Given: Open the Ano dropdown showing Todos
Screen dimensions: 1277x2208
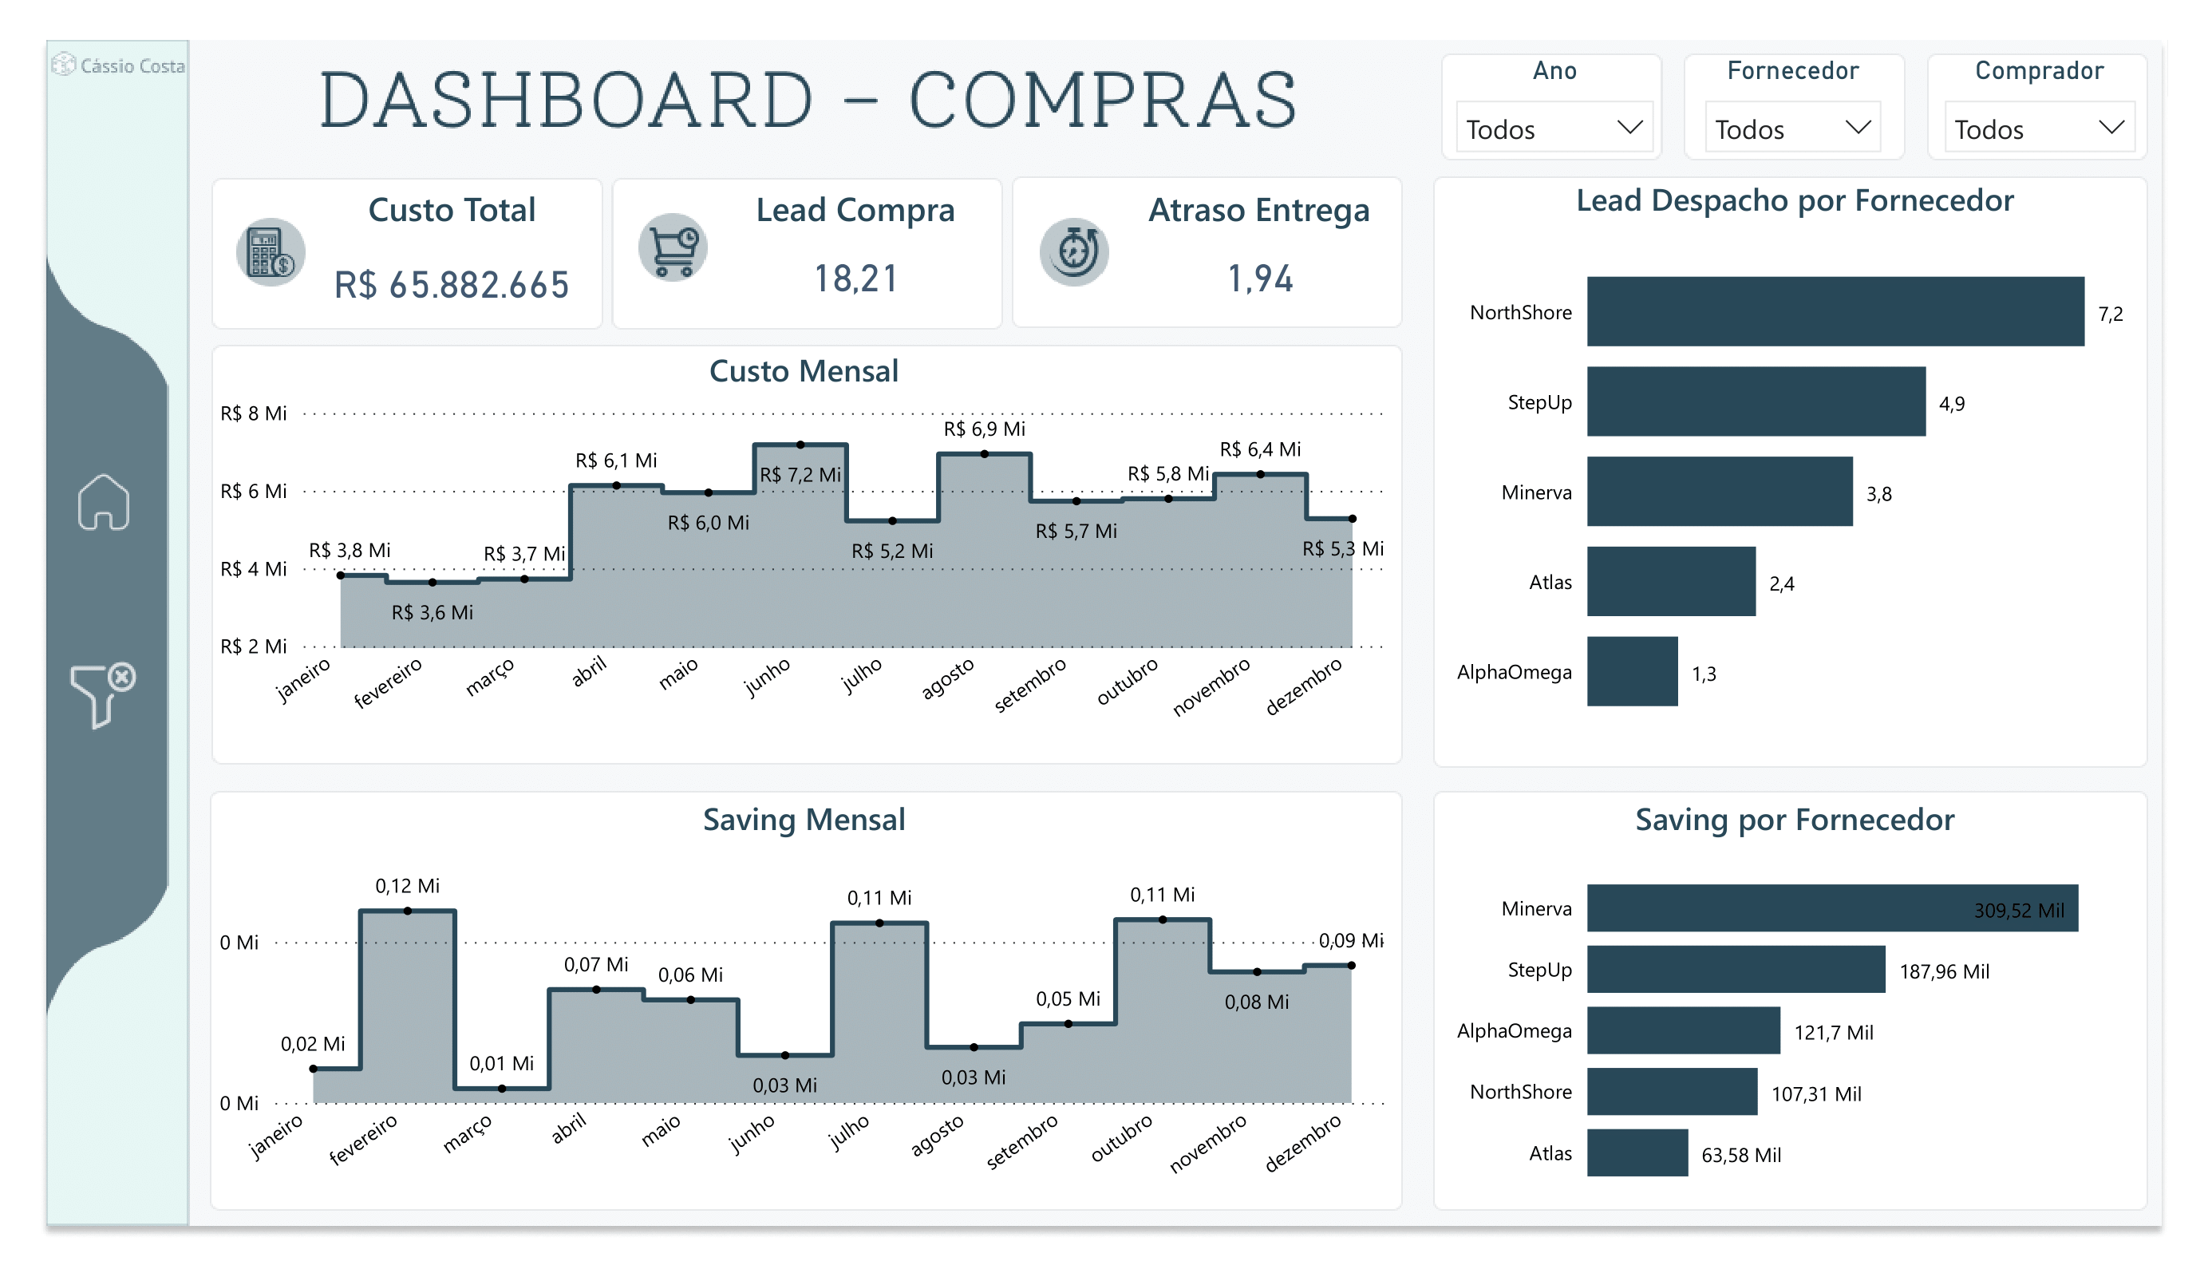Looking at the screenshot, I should click(1553, 128).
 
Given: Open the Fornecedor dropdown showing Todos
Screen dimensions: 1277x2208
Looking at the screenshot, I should click(1791, 128).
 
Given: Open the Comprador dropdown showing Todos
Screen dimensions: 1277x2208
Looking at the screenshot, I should click(2038, 128).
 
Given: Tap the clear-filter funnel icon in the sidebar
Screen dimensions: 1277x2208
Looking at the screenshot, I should click(101, 694).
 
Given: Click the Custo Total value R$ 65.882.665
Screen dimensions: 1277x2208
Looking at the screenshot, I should click(451, 285).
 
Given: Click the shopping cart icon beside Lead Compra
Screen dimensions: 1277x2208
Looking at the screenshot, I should click(672, 249).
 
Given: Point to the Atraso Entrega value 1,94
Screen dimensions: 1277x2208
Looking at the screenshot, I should click(1259, 279).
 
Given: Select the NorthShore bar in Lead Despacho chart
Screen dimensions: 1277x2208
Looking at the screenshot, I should click(1834, 311).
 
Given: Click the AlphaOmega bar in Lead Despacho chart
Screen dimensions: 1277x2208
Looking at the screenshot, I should click(1632, 671).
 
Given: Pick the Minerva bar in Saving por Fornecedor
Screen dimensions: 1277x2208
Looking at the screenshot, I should click(1831, 908).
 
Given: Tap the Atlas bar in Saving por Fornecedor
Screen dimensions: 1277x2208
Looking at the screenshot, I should click(1637, 1152).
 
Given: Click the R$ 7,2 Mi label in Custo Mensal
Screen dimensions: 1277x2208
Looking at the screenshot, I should click(799, 475).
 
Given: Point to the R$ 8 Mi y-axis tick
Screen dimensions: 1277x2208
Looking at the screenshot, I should click(253, 413).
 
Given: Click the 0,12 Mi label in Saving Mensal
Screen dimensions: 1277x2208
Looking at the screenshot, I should click(408, 886).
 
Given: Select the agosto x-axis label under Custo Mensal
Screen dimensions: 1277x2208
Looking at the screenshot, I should click(947, 679).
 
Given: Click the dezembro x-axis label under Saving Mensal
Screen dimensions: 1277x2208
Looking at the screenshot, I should click(1302, 1144).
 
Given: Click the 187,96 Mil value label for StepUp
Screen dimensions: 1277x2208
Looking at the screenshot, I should click(1943, 971).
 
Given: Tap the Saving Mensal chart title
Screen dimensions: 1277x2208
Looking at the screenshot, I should click(804, 820).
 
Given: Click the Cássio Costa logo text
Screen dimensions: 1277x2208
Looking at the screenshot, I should click(132, 65).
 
